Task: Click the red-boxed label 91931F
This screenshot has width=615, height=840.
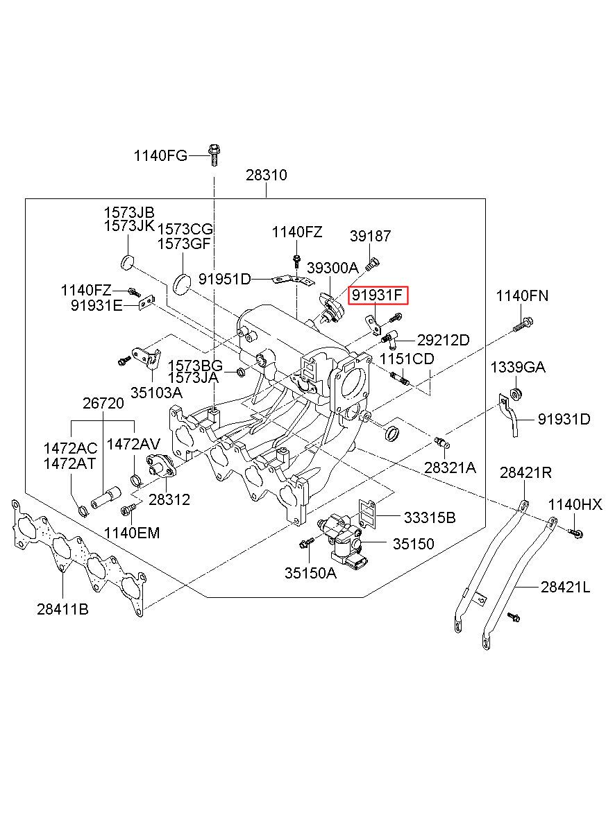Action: pyautogui.click(x=378, y=296)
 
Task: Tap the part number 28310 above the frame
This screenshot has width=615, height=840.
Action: pyautogui.click(x=267, y=175)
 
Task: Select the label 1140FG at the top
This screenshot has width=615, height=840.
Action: pyautogui.click(x=160, y=155)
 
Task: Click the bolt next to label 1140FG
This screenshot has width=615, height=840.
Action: pyautogui.click(x=214, y=155)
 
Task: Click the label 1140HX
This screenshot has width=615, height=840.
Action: pyautogui.click(x=575, y=504)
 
